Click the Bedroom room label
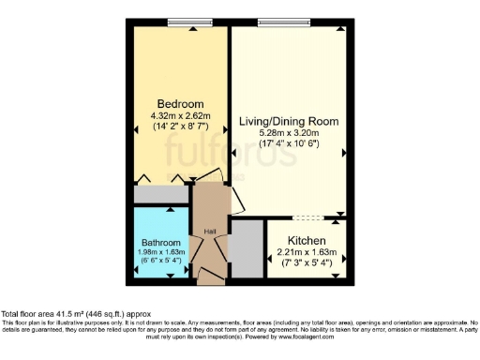179,103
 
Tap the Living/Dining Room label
288,122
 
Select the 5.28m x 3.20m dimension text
288,133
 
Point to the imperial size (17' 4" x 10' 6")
288,143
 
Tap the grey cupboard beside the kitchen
247,248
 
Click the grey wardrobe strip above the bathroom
161,196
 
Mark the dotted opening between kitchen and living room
309,217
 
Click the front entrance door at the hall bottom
211,277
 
